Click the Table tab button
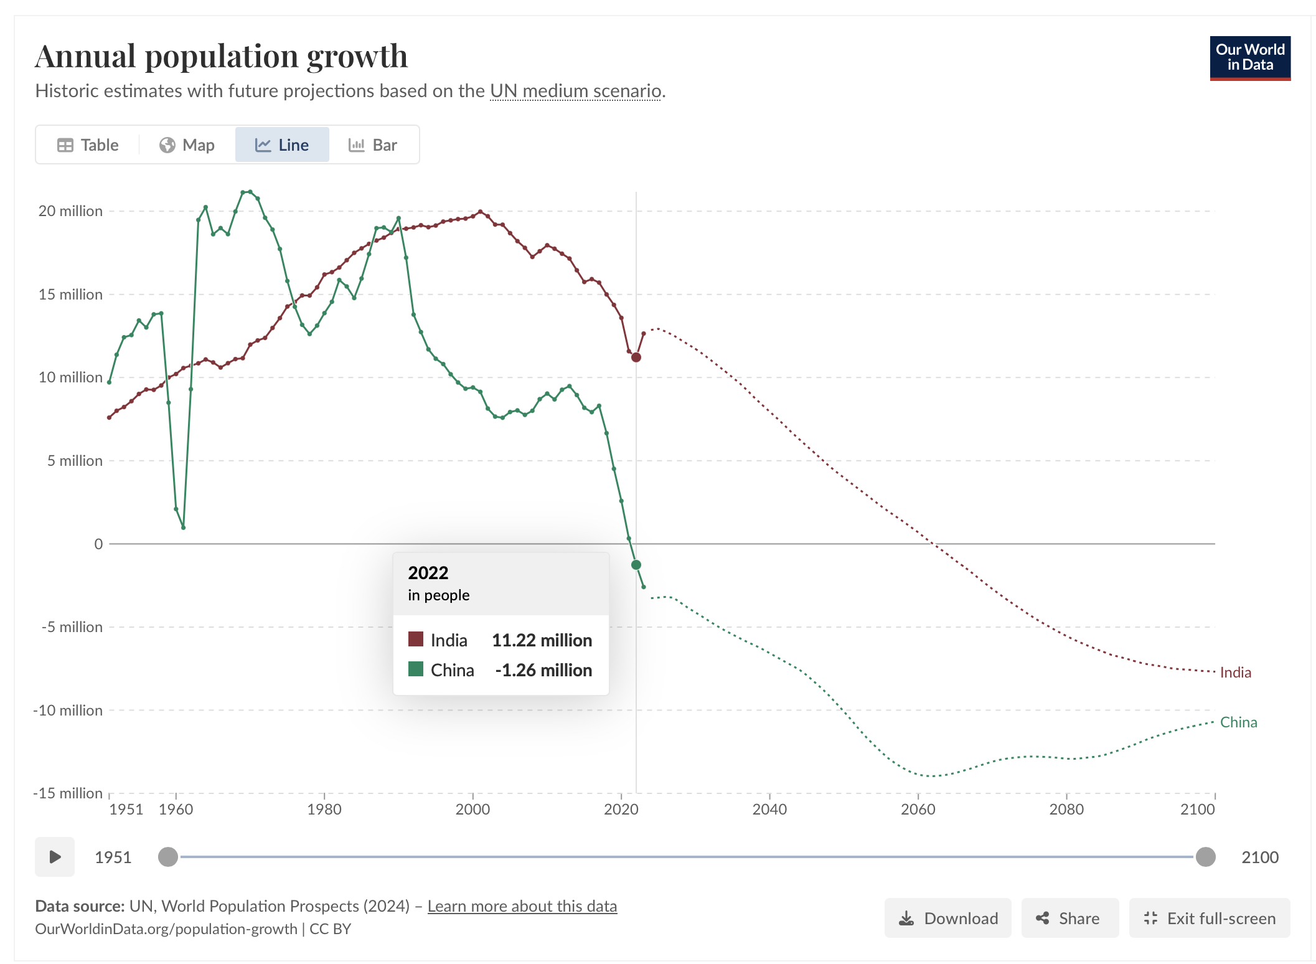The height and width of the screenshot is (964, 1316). pos(88,145)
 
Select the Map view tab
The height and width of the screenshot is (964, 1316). pos(187,145)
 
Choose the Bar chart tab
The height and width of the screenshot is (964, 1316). pos(373,145)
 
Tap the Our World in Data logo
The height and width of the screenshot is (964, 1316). pos(1249,58)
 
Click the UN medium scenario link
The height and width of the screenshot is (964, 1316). pos(575,91)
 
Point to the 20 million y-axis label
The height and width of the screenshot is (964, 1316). pos(70,211)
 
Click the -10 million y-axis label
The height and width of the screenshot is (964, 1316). pos(68,710)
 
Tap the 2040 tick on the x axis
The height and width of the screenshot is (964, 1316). pos(769,809)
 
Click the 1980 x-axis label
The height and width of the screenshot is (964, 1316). pos(324,809)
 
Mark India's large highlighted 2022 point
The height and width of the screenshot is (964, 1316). pos(636,357)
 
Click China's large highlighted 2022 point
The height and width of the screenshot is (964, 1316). pos(636,565)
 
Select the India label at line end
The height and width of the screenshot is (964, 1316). pos(1235,673)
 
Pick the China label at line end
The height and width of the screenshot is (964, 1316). pos(1238,722)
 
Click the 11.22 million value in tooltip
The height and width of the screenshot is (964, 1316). pos(542,640)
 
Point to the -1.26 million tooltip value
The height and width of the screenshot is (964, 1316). pos(543,670)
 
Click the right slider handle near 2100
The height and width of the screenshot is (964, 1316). pos(1205,857)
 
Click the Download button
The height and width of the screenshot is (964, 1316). pos(947,918)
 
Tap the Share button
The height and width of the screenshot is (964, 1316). pos(1069,918)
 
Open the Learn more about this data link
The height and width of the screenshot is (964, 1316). pos(522,906)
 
